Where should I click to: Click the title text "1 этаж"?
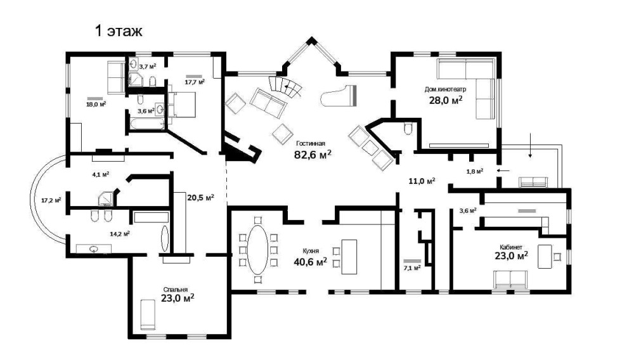pyautogui.click(x=119, y=31)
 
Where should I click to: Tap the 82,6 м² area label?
pyautogui.click(x=313, y=155)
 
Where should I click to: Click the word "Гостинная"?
pyautogui.click(x=311, y=143)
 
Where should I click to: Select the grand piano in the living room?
pyautogui.click(x=339, y=96)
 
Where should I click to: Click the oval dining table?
pyautogui.click(x=257, y=250)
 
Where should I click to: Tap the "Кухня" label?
pyautogui.click(x=311, y=251)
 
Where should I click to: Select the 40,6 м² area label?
pyautogui.click(x=310, y=262)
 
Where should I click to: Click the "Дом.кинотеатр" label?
pyautogui.click(x=445, y=90)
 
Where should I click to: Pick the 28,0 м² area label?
pyautogui.click(x=446, y=100)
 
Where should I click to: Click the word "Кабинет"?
pyautogui.click(x=510, y=247)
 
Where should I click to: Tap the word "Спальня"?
pyautogui.click(x=176, y=290)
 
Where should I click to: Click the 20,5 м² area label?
pyautogui.click(x=200, y=198)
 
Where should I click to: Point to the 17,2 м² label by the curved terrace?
pyautogui.click(x=51, y=200)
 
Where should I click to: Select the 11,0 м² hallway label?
pyautogui.click(x=422, y=181)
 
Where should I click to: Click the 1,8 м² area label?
pyautogui.click(x=475, y=171)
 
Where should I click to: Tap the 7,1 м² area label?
pyautogui.click(x=412, y=267)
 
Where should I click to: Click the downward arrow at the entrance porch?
pyautogui.click(x=530, y=145)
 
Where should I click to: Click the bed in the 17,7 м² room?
pyautogui.click(x=181, y=104)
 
